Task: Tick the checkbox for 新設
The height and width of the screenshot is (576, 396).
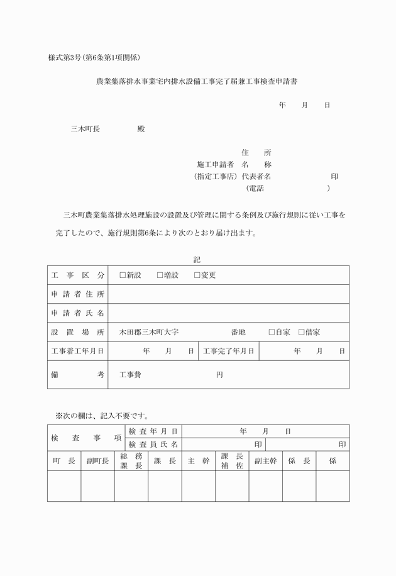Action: click(x=123, y=275)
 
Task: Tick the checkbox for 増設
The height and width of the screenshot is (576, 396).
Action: click(x=160, y=275)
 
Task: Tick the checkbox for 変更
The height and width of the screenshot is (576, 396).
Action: click(x=197, y=275)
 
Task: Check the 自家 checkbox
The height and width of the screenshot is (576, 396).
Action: click(x=272, y=332)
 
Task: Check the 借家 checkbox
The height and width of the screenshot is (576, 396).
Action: click(x=301, y=332)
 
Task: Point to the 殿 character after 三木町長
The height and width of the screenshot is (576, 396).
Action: click(x=141, y=129)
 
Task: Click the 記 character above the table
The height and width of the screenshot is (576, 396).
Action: click(x=197, y=259)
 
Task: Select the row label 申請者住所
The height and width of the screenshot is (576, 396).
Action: click(x=78, y=294)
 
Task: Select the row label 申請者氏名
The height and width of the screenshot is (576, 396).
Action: click(x=78, y=313)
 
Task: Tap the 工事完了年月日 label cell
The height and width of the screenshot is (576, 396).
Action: click(x=228, y=351)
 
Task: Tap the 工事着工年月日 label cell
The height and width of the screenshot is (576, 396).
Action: click(x=78, y=351)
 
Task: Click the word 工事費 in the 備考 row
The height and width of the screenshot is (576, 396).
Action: click(x=130, y=375)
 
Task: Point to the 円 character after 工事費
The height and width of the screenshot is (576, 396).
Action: click(x=219, y=375)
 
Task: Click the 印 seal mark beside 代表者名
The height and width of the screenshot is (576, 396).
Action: click(x=334, y=177)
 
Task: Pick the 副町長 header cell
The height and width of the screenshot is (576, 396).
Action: click(x=97, y=461)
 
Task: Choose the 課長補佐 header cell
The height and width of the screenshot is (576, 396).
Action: click(x=232, y=461)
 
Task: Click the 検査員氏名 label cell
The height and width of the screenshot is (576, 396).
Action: click(x=153, y=445)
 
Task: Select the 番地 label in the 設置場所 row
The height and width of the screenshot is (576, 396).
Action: click(x=238, y=332)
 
